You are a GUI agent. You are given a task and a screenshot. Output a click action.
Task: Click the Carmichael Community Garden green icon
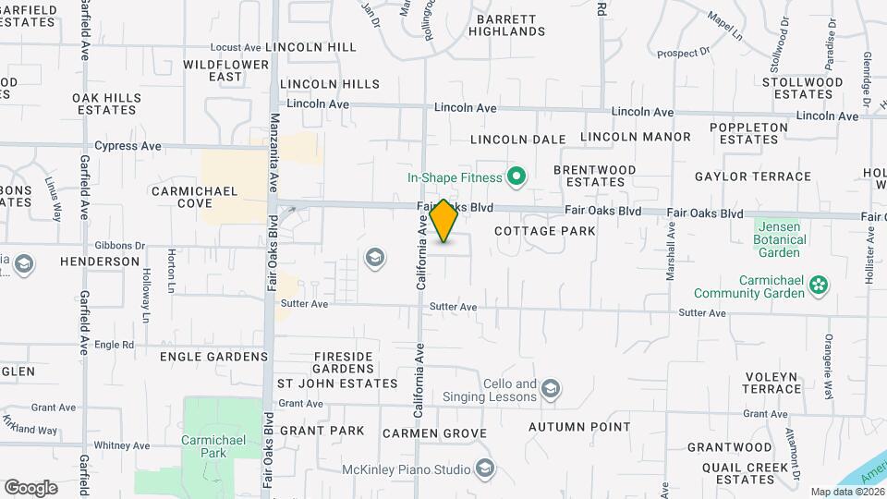pos(818,286)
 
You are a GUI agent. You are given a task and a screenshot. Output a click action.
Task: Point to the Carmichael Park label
pos(213,446)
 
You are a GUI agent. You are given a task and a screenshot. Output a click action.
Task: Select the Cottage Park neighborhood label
pos(545,231)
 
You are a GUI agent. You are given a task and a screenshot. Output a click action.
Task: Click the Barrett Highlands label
pos(506,25)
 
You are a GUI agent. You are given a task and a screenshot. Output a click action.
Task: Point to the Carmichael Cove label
pos(195,197)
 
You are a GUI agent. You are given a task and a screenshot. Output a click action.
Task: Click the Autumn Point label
pos(579,428)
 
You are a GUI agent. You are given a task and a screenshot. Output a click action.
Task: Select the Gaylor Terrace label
pos(766,176)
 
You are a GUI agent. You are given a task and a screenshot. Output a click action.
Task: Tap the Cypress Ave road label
pos(128,146)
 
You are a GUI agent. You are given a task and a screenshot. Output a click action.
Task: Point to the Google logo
pos(30,487)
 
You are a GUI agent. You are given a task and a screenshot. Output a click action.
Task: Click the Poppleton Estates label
pos(749,133)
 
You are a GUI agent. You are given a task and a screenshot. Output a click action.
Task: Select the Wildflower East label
pos(226,70)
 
